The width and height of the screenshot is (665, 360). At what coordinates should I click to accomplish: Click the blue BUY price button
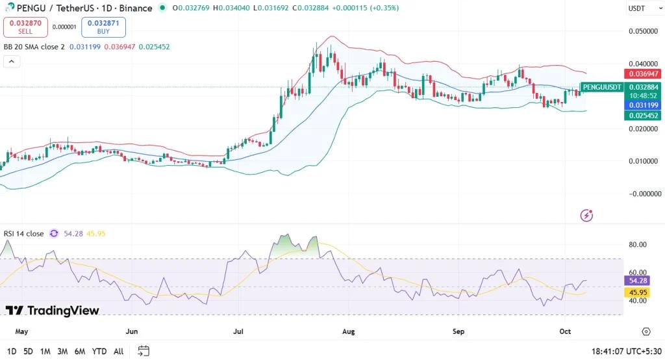point(103,27)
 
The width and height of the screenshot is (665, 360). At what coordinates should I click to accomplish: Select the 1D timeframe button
point(12,352)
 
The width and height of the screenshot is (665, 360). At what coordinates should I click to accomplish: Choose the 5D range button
point(28,352)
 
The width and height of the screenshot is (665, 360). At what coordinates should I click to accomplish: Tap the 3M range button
point(62,352)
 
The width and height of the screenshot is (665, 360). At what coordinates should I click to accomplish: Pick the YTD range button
point(99,352)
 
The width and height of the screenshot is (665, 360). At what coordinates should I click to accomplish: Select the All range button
point(118,352)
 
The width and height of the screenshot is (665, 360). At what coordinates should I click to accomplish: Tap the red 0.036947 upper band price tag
point(642,74)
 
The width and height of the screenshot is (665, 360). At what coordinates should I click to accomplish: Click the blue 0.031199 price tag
point(642,105)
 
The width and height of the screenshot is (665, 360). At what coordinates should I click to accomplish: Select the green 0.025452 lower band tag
point(642,116)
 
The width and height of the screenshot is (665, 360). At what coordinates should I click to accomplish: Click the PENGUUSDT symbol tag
point(601,87)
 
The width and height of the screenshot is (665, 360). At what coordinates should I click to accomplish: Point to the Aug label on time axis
point(349,331)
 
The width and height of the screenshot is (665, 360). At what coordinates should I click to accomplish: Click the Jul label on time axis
point(239,331)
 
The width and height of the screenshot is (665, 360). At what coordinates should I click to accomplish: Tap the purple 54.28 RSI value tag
point(637,280)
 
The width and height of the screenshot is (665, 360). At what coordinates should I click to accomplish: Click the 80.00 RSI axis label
point(638,245)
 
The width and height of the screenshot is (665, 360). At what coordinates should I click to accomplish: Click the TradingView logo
point(53,311)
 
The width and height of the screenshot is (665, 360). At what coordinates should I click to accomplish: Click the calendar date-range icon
point(144,351)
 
